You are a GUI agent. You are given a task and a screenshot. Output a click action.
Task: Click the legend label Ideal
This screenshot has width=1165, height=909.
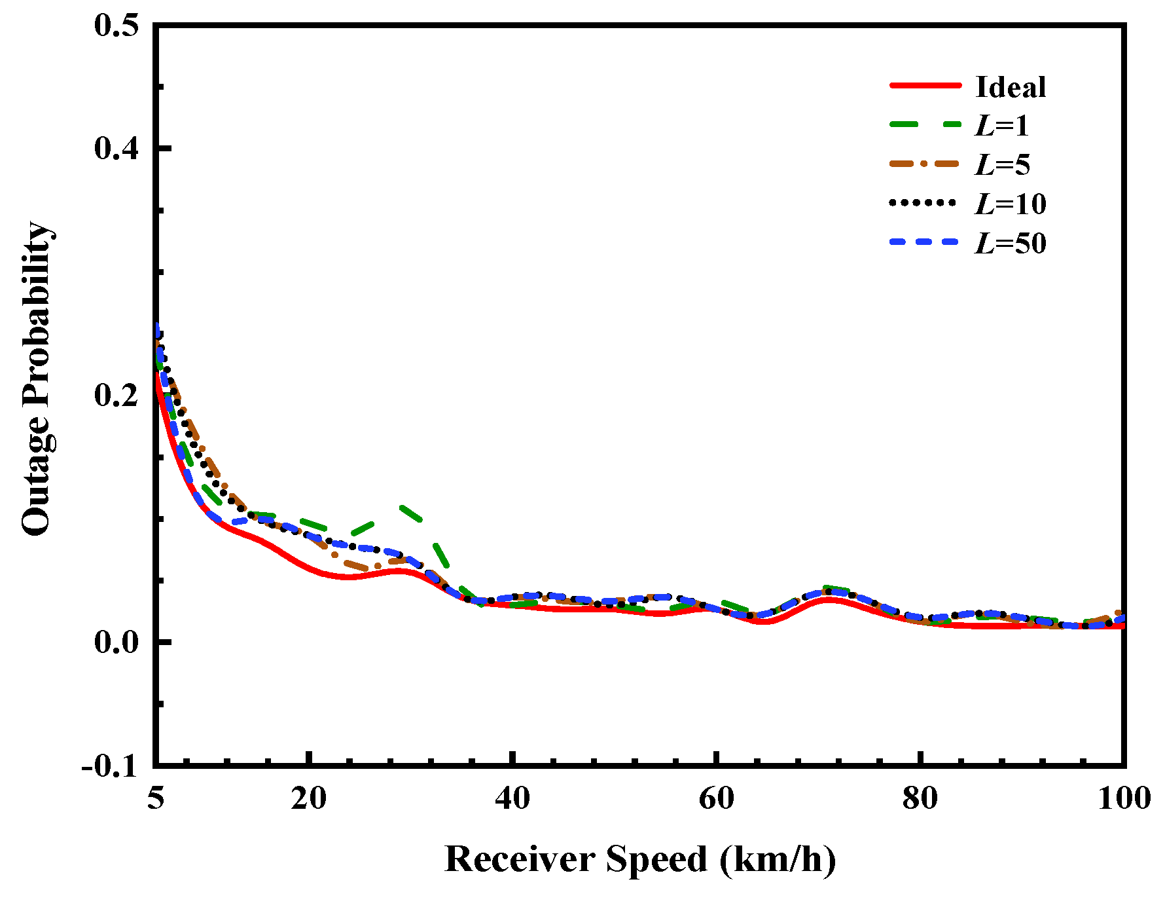pos(1010,87)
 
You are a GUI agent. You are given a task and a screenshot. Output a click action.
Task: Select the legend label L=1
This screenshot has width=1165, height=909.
pos(1001,126)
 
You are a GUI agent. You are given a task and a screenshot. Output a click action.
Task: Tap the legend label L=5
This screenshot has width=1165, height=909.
pos(1002,164)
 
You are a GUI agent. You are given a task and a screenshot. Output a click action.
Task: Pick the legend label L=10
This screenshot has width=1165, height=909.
pos(1010,204)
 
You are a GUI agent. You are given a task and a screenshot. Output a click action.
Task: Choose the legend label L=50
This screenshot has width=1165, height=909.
pos(1010,244)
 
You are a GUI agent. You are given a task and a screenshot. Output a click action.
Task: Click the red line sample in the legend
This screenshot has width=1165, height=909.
pos(925,86)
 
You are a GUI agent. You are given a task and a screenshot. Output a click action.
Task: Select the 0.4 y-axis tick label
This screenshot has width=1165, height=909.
pos(116,148)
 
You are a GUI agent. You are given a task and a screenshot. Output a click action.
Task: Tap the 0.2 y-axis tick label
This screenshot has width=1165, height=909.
pos(116,395)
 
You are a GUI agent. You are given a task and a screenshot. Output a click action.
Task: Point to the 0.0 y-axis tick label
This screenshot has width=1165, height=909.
pos(116,642)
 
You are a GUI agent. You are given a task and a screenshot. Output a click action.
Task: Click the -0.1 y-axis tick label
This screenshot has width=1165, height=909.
pos(110,766)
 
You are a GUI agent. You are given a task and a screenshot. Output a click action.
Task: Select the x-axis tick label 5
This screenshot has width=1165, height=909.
pos(155,798)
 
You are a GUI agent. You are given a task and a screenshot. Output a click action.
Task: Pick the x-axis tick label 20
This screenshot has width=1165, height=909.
pos(308,798)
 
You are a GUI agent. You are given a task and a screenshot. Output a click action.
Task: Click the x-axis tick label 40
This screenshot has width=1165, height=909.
pos(512,798)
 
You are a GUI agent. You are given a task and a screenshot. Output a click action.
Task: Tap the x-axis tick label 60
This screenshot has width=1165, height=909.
pos(717,798)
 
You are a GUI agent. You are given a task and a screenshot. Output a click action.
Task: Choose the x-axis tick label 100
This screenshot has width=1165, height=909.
pos(1123,798)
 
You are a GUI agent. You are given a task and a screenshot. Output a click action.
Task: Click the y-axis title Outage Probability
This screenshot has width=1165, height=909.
pos(37,379)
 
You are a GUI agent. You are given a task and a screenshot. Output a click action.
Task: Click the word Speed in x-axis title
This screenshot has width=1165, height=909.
pos(656,859)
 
